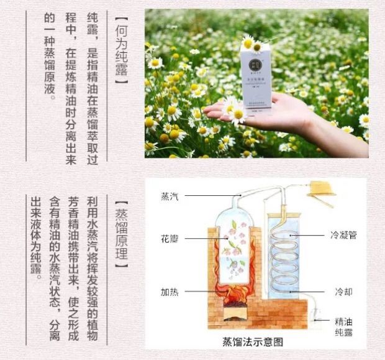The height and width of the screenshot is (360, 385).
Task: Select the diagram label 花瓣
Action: [170, 238]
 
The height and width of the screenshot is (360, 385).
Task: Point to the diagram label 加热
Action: [170, 291]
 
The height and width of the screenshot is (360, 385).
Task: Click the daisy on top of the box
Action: [248, 43]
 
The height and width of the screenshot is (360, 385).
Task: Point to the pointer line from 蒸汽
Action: [205, 196]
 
